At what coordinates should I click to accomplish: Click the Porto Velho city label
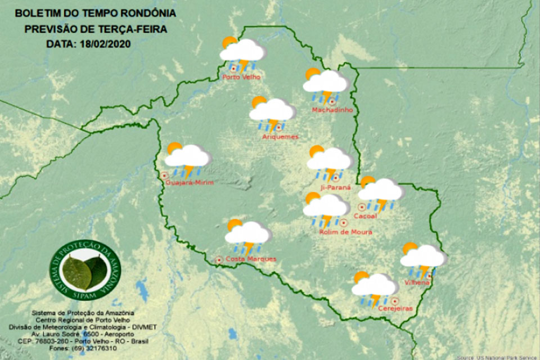[x=242, y=77]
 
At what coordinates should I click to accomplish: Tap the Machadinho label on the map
[x=332, y=110]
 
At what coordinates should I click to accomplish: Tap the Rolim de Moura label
[x=345, y=231]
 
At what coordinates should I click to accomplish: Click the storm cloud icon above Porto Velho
[x=241, y=52]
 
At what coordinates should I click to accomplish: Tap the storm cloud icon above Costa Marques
[x=247, y=236]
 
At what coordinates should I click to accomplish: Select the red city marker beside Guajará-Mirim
[x=165, y=175]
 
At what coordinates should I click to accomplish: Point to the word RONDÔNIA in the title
[x=148, y=12]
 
